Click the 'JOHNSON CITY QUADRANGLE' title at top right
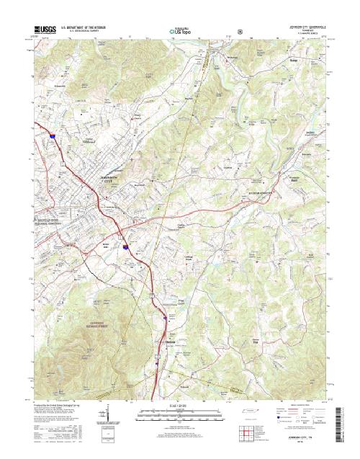(309, 27)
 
